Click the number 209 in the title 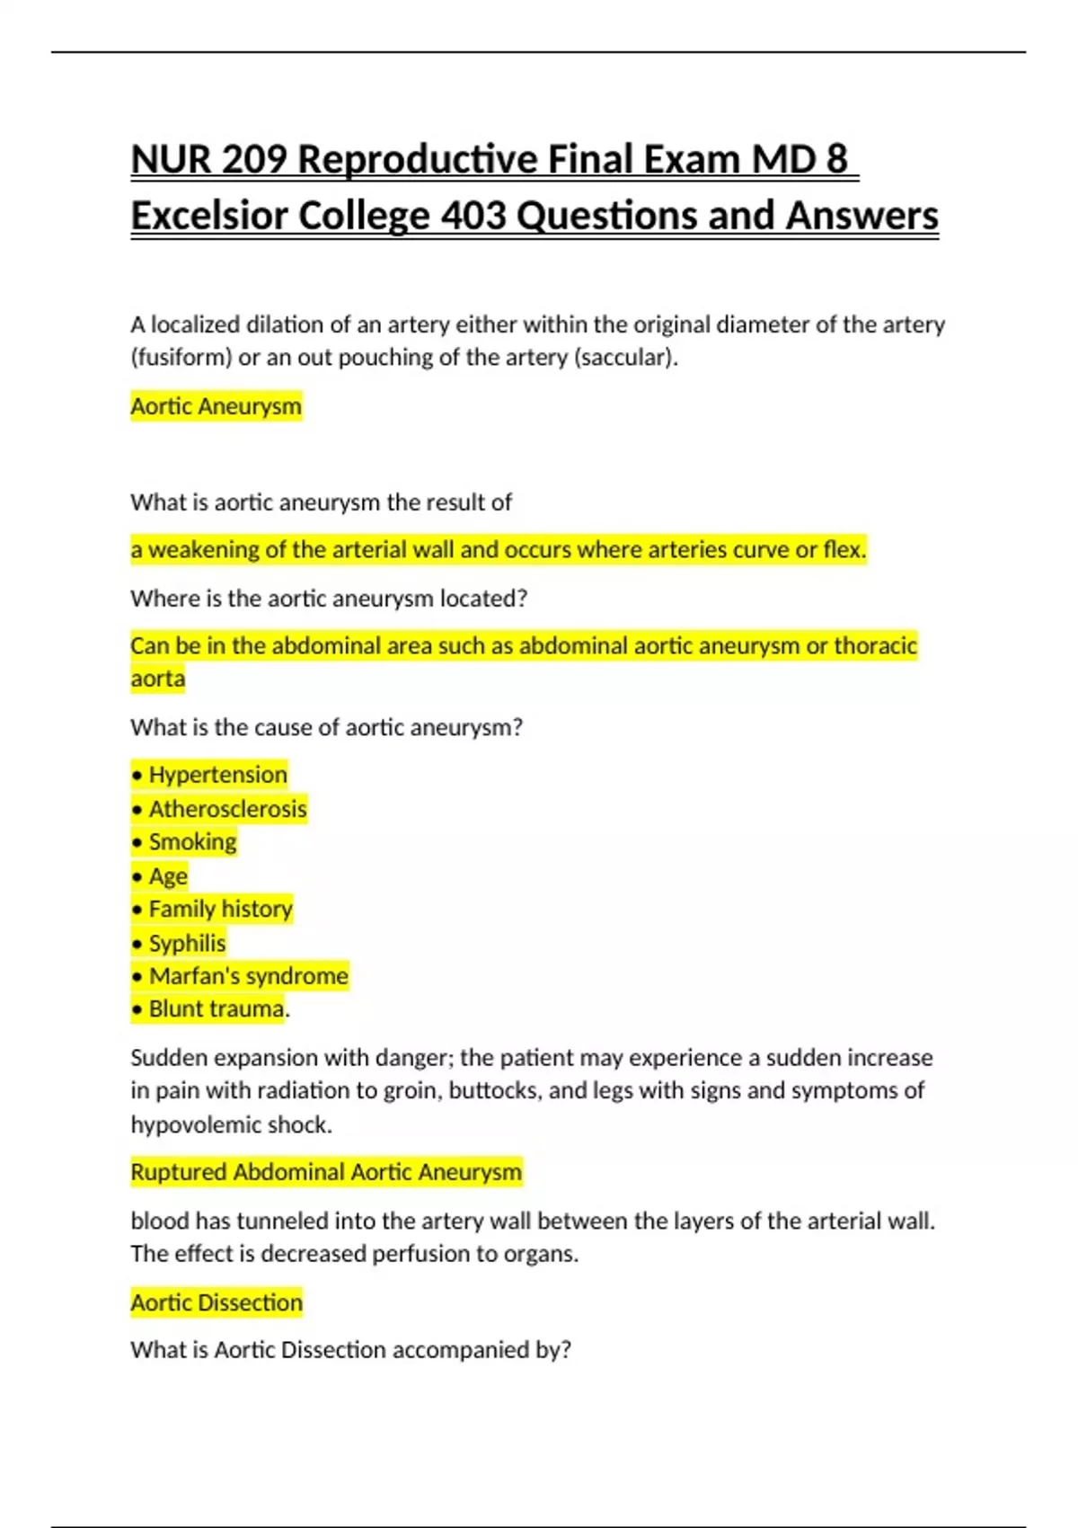253,159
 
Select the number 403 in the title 473,216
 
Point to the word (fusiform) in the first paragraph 181,358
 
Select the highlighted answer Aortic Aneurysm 216,406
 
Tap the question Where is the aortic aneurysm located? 329,598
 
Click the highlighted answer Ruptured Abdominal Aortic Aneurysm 326,1172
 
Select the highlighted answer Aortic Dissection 216,1302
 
